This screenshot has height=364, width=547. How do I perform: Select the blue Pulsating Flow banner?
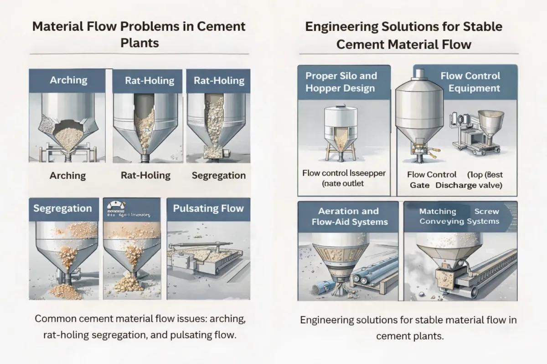pos(208,209)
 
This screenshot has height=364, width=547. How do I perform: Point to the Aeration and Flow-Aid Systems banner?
pos(349,217)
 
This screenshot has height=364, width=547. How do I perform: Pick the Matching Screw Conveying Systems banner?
pos(459,217)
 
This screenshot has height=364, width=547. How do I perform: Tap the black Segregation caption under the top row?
pos(218,175)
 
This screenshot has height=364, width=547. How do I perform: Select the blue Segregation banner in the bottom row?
pos(62,209)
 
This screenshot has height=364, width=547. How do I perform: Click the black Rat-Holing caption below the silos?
pos(145,175)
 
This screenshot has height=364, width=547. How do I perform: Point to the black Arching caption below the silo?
pos(67,175)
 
